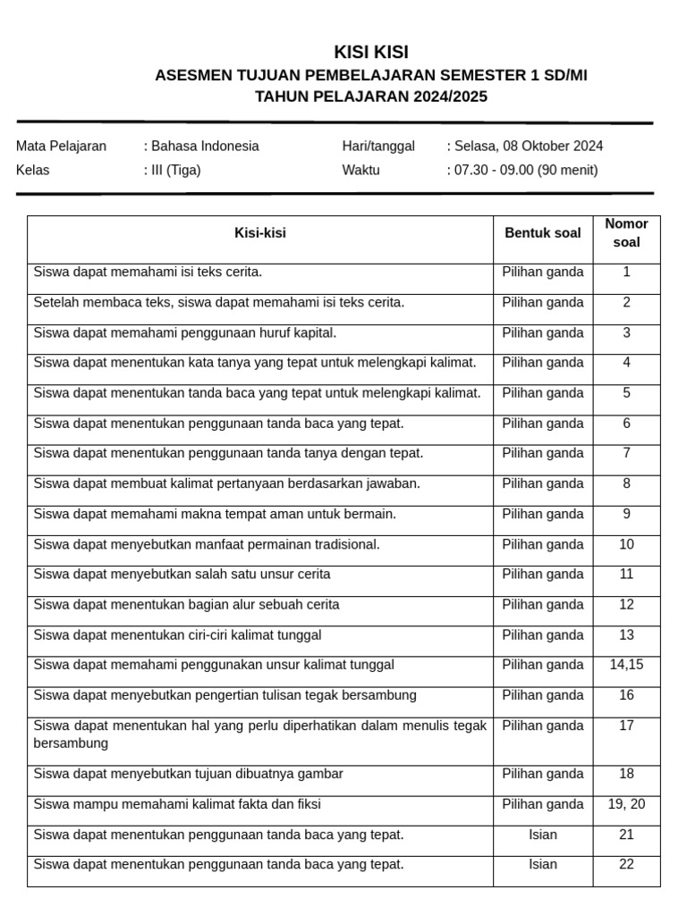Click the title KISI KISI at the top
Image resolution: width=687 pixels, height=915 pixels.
[371, 52]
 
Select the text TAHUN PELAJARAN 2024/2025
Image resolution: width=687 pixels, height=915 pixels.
[371, 97]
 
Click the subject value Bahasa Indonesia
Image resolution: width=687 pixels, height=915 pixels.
[205, 147]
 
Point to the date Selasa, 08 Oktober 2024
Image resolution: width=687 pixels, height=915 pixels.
[528, 147]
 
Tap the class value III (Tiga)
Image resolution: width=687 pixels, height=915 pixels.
[175, 171]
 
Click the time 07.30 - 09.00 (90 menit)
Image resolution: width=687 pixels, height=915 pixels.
[526, 171]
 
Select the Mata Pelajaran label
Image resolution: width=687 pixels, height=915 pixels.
[61, 147]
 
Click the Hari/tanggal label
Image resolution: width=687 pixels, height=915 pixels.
[378, 147]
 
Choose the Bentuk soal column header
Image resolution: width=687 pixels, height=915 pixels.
[543, 233]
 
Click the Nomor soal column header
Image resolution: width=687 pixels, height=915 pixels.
[626, 232]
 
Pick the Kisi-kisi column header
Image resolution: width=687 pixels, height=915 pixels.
[260, 233]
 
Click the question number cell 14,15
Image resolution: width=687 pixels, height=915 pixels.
[626, 665]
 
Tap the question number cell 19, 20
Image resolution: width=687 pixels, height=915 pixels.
[626, 805]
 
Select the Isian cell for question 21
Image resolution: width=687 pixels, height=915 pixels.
[543, 835]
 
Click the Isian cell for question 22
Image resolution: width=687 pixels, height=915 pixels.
[543, 865]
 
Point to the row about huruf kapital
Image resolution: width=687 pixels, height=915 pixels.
[185, 333]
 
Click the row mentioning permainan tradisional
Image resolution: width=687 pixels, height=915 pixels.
[207, 545]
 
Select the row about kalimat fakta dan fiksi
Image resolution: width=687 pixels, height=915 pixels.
[177, 805]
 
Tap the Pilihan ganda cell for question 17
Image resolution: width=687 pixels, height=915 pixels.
[543, 726]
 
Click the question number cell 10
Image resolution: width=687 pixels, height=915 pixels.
[626, 545]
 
